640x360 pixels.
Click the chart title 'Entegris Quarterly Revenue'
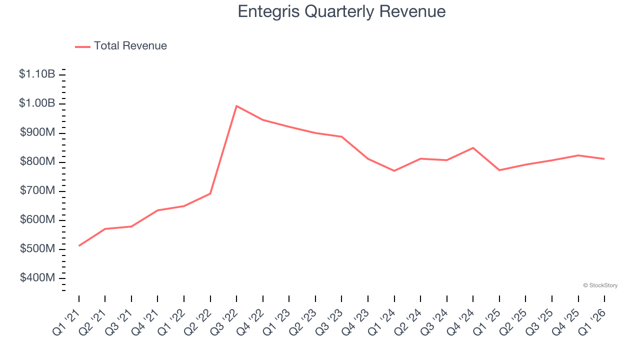(x=341, y=11)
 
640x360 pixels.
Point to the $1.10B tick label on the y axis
(x=37, y=74)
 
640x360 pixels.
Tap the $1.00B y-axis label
(x=37, y=103)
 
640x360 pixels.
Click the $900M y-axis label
(x=37, y=132)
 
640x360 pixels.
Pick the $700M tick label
(x=37, y=191)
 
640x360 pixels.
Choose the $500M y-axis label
(x=37, y=249)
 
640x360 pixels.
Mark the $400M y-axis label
(x=37, y=278)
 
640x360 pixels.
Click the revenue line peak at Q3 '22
(x=236, y=106)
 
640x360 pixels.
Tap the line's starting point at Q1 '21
(x=79, y=245)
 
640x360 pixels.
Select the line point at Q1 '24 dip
(x=394, y=171)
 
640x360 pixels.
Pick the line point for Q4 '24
(x=473, y=148)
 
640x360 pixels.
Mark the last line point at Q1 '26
(x=604, y=159)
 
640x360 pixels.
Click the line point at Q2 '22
(x=210, y=193)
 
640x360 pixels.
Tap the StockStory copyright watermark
(x=600, y=285)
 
